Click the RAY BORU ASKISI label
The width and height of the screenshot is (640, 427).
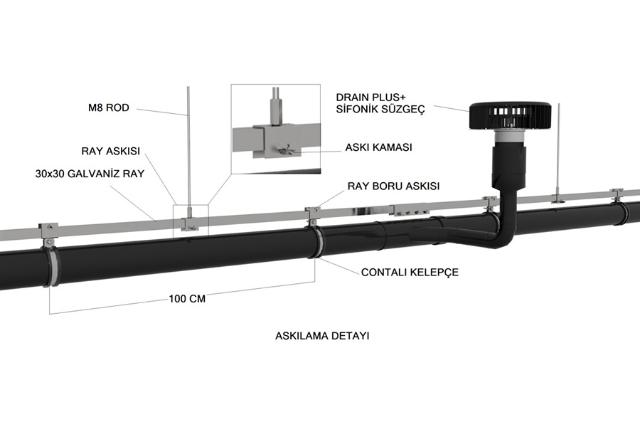point(393,186)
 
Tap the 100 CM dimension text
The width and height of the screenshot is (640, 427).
point(187,299)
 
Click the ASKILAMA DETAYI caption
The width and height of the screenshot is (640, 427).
point(322,335)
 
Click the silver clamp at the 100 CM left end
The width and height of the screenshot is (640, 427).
point(52,267)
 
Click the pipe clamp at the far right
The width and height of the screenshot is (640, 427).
point(621,211)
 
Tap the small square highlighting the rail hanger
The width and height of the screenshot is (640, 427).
point(191,221)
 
